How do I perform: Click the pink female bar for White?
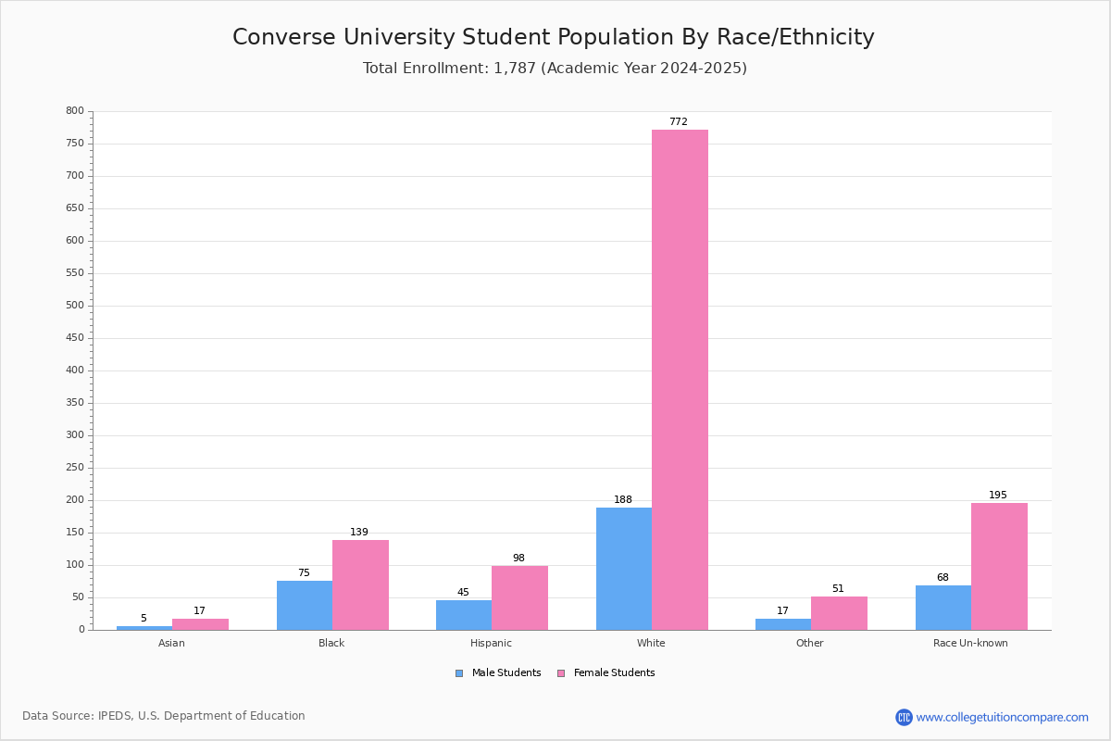pos(680,380)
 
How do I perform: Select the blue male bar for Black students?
pos(305,605)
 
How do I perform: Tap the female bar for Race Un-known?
pos(999,566)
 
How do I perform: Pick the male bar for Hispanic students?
pos(464,615)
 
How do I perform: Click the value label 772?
pos(679,122)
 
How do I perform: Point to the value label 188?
pos(623,500)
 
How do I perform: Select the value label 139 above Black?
pos(359,533)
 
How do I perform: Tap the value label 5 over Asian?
pos(144,619)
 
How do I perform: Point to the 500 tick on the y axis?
pos(75,306)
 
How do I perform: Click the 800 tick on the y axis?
pos(75,111)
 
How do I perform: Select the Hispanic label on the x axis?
pos(491,643)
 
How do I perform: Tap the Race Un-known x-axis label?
pos(970,643)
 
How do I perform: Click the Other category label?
pos(809,643)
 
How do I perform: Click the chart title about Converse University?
pos(554,37)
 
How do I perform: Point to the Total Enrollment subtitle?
pos(555,69)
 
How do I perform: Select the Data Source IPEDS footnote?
pos(164,716)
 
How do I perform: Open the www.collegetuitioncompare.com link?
pos(1002,717)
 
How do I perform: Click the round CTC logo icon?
pos(904,717)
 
